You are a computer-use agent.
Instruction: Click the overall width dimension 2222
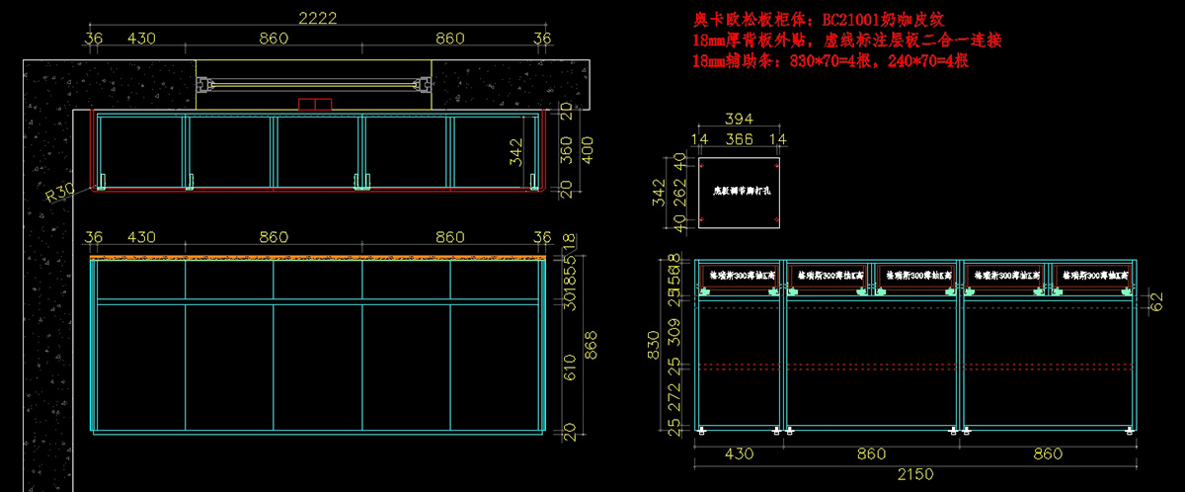point(318,17)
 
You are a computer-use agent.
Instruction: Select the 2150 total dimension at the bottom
point(914,474)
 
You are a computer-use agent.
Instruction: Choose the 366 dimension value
point(739,139)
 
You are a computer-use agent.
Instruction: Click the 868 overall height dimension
point(592,343)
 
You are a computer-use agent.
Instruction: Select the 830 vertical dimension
point(653,346)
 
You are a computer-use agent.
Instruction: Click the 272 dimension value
point(673,397)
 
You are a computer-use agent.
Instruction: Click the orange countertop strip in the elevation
point(318,257)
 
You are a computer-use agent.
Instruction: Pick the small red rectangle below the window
point(318,103)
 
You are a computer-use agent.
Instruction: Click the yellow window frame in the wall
point(315,85)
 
